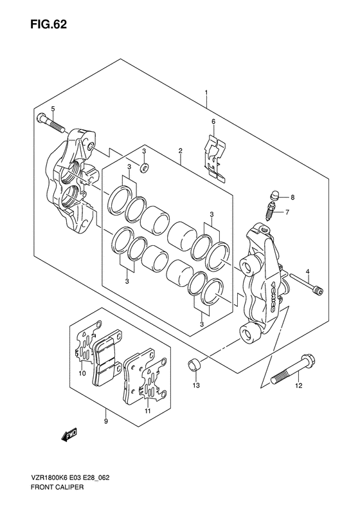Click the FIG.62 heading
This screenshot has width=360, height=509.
coord(48,24)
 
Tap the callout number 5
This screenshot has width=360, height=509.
coord(53,109)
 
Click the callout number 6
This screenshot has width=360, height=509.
coord(213,122)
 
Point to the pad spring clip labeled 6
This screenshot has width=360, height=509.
coord(214,160)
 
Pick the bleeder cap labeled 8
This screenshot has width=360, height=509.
coord(274,196)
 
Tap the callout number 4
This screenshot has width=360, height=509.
coord(307,272)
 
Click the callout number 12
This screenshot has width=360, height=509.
coord(298,385)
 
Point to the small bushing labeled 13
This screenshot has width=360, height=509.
coord(195,367)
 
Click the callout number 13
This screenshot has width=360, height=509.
coord(196,385)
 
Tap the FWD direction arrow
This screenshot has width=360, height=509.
coord(69,434)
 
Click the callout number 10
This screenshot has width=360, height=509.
coord(82,374)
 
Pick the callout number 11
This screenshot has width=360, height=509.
coord(147,411)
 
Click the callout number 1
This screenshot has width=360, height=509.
coord(206,93)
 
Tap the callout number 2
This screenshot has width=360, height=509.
coord(181,151)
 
